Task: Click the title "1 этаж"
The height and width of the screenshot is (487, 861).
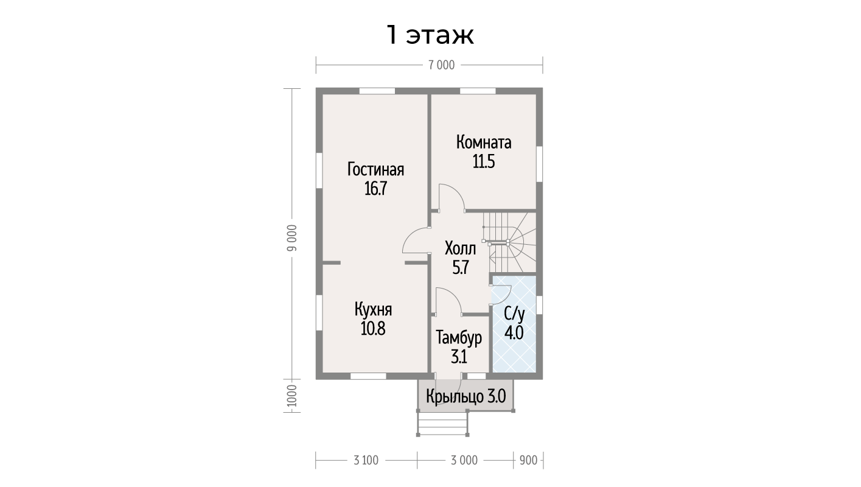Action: click(x=430, y=35)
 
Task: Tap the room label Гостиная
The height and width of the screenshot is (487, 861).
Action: click(x=375, y=169)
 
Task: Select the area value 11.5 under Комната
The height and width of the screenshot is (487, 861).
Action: click(x=484, y=162)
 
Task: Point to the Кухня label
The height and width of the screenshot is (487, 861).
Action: click(x=373, y=310)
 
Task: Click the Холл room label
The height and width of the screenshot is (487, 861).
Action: click(x=460, y=248)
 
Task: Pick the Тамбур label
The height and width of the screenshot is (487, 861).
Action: click(x=459, y=338)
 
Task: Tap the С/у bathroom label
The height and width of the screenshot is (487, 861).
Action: click(x=514, y=314)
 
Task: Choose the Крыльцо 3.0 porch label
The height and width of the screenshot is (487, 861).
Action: click(x=466, y=396)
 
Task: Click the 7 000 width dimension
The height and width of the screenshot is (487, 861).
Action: click(x=442, y=65)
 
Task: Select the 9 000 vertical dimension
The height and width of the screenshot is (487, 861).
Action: click(x=292, y=238)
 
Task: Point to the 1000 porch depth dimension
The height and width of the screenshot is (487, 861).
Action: click(x=292, y=396)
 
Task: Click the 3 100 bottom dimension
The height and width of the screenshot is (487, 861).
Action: click(x=366, y=460)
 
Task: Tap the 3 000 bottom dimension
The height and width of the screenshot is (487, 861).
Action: click(x=464, y=460)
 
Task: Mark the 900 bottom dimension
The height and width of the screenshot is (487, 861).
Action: click(x=529, y=460)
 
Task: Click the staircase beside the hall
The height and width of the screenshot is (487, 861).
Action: click(x=509, y=242)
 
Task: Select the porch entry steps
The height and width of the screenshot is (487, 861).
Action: click(x=443, y=424)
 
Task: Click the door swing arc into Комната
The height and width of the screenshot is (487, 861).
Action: click(x=458, y=191)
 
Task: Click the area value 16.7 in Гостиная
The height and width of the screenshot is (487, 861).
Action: click(x=375, y=189)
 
